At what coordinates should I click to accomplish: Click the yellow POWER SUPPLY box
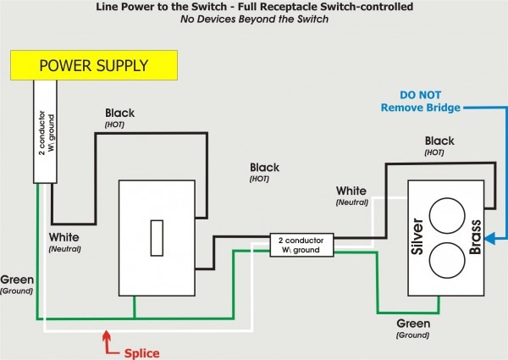click(x=94, y=65)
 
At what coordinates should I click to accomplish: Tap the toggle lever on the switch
click(x=157, y=238)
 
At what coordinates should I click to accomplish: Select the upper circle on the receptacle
click(x=447, y=216)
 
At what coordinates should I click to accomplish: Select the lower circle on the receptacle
click(x=447, y=260)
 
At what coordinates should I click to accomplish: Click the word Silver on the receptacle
click(x=417, y=236)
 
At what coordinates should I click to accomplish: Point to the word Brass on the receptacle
click(x=475, y=237)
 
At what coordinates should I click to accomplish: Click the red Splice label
click(x=142, y=353)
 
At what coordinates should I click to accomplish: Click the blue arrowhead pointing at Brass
click(x=489, y=238)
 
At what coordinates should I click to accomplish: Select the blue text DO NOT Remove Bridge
click(x=421, y=101)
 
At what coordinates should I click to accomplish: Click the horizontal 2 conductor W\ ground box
click(x=301, y=245)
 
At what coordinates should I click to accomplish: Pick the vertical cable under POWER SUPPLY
click(x=45, y=131)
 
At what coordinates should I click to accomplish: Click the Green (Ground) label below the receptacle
click(x=413, y=329)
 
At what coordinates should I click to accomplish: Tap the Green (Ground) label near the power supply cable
click(x=17, y=285)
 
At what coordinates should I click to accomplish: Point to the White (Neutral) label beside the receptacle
click(x=351, y=196)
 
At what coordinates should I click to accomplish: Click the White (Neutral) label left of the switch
click(x=64, y=242)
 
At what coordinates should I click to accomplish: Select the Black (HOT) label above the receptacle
click(x=439, y=146)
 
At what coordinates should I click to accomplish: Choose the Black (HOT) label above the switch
click(x=119, y=118)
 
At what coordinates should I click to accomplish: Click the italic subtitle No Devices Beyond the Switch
click(x=254, y=19)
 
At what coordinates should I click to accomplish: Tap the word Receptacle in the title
click(x=302, y=7)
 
